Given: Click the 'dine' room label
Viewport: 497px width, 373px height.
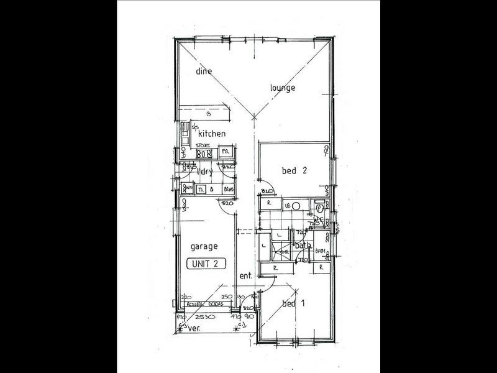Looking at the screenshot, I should point(204,71).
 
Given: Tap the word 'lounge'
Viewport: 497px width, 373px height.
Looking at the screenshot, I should point(282,88).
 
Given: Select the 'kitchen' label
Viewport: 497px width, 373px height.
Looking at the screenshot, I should point(211,134).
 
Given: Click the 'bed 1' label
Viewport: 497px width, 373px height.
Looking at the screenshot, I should point(293,304).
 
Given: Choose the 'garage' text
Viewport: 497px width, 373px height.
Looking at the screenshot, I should point(204,246).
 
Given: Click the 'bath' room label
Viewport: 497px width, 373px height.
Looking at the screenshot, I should point(303,246).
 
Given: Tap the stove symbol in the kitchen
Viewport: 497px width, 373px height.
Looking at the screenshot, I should point(204,153).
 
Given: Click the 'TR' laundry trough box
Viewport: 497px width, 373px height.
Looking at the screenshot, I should point(201,189).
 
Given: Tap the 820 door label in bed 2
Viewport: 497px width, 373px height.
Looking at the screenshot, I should point(267,191).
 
